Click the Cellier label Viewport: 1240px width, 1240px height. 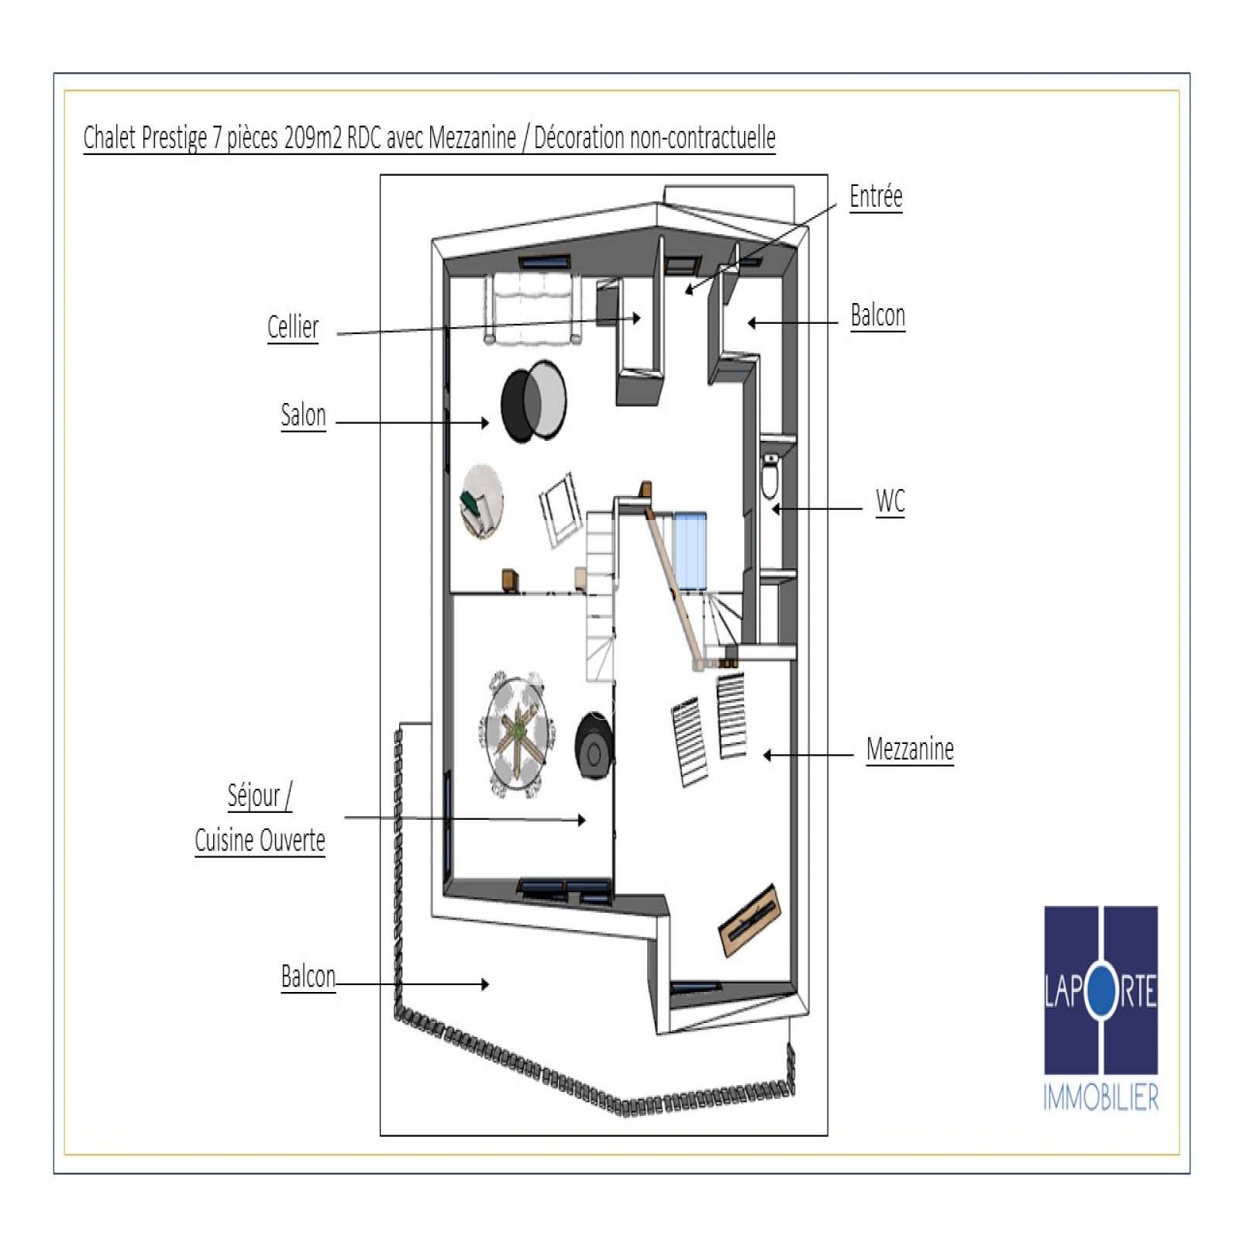point(293,327)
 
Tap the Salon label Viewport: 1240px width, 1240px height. point(303,415)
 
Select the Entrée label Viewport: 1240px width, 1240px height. point(876,196)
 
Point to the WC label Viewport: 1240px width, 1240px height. point(890,501)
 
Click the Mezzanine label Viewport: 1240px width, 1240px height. point(910,749)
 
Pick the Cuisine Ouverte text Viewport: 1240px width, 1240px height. point(260,840)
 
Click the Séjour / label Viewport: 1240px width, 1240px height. point(260,796)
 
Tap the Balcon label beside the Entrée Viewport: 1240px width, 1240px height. point(877,315)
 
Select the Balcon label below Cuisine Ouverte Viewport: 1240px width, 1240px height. point(308,976)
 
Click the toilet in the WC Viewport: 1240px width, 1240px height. point(770,477)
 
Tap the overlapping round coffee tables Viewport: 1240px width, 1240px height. point(533,401)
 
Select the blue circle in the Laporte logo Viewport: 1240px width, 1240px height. point(1100,992)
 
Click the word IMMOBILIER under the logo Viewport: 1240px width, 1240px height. point(1100,1098)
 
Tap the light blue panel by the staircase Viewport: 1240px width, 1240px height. point(690,551)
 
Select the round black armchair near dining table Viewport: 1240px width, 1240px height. point(594,746)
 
